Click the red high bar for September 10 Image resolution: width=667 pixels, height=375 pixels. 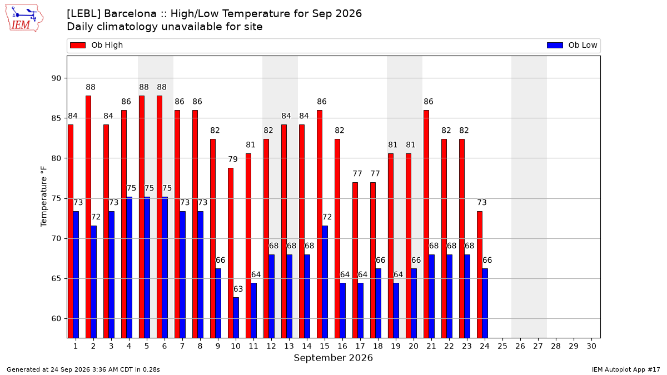(231, 253)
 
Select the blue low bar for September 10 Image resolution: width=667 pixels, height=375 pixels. (236, 318)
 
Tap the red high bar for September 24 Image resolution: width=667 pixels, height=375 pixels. (480, 274)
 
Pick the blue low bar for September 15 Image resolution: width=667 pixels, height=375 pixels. (325, 282)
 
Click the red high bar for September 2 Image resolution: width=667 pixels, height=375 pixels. (88, 217)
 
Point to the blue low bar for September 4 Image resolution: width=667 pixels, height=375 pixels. (129, 267)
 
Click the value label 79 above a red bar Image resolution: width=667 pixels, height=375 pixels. (233, 159)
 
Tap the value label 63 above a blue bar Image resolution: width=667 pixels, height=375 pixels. (238, 289)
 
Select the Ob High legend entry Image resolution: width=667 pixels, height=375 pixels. (97, 45)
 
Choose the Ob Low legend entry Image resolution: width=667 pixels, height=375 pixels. (572, 45)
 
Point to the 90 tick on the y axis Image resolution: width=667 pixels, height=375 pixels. (56, 78)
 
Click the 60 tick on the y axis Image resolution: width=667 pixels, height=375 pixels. (56, 319)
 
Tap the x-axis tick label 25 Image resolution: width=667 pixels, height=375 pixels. (502, 347)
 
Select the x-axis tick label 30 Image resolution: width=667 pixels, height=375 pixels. (591, 347)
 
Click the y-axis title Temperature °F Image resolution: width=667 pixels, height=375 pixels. (44, 197)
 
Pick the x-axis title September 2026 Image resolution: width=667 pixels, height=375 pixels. (333, 358)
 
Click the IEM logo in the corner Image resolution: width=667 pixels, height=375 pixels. (24, 18)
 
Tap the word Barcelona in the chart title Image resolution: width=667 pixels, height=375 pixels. (130, 14)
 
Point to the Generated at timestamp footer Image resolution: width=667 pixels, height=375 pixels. (83, 369)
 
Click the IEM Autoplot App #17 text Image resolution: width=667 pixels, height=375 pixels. (626, 369)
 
